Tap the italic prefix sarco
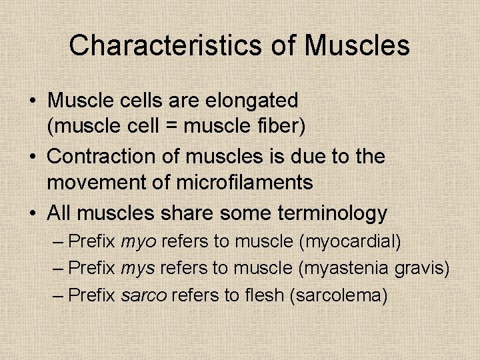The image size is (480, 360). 144,295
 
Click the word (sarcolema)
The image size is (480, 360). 339,295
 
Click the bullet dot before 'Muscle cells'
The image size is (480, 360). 32,101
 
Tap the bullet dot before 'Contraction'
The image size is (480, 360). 32,157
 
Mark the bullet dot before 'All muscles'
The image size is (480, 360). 32,214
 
